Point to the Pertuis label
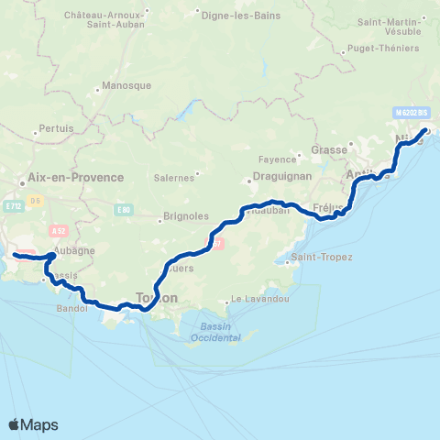tap(58, 129)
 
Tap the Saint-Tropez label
tap(323, 257)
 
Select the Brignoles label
tap(186, 216)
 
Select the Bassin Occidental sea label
tap(216, 332)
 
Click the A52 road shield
tap(60, 230)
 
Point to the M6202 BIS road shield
tap(412, 112)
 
